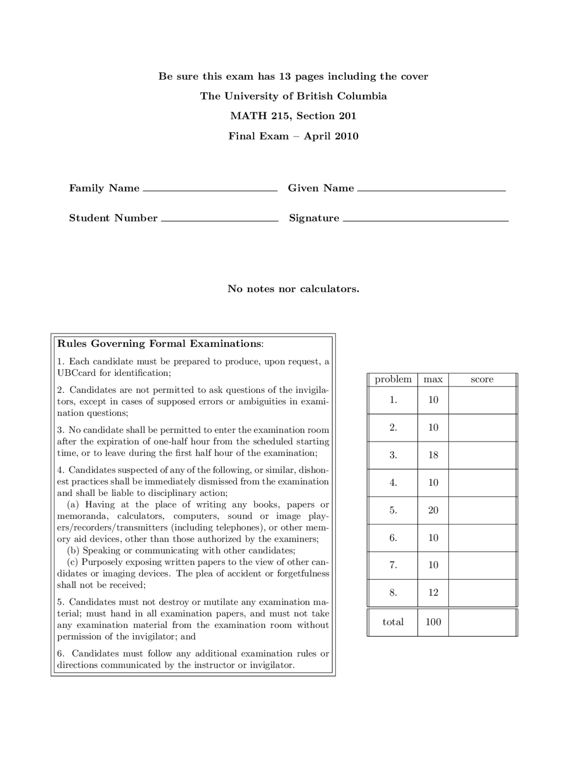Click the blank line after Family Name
210,189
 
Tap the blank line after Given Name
431,189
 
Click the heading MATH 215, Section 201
293,116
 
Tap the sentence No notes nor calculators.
293,289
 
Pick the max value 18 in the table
433,455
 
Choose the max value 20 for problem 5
433,510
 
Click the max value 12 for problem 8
433,593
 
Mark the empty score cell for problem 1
482,400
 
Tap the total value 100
433,622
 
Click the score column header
482,379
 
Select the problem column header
393,379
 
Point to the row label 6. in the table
393,538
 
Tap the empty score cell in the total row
482,622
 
